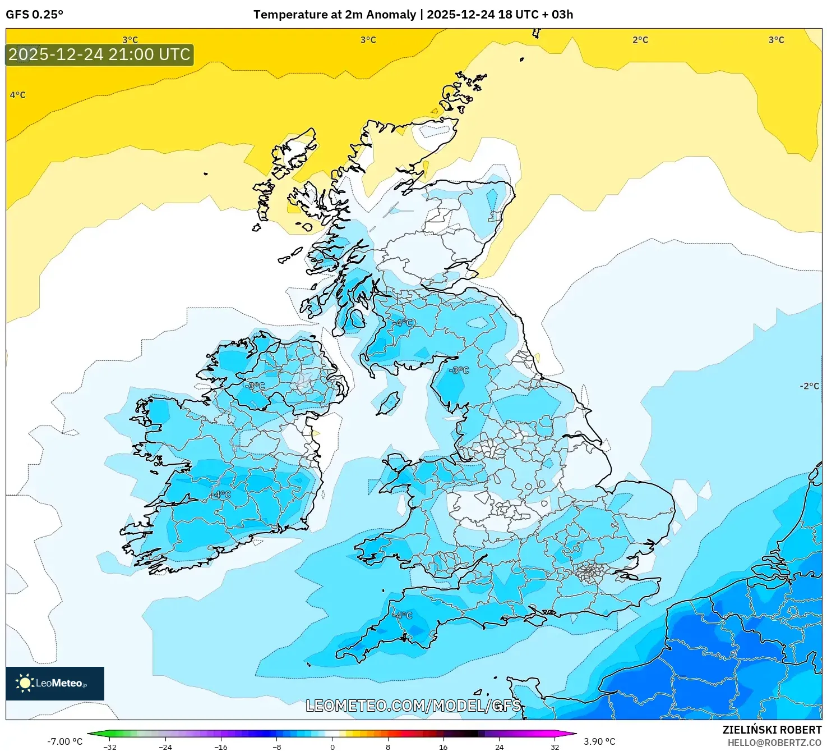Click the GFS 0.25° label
pos(34,15)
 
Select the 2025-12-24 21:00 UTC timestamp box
pos(100,55)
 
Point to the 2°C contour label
pos(640,40)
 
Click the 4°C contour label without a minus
pos(18,95)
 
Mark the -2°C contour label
pos(809,386)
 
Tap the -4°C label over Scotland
pos(403,323)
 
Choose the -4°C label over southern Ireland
pos(220,494)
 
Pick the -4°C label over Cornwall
pos(402,615)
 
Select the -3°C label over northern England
pos(459,370)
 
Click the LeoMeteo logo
pos(55,683)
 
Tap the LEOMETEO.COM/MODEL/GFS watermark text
pos(413,706)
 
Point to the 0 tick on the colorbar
pos(332,747)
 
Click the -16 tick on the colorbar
pos(221,747)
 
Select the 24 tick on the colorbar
pos(499,747)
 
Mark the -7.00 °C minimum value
pos(64,741)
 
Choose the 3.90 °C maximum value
pos(599,741)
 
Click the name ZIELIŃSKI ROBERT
pos(771,730)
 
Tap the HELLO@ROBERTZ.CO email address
pos(774,743)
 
